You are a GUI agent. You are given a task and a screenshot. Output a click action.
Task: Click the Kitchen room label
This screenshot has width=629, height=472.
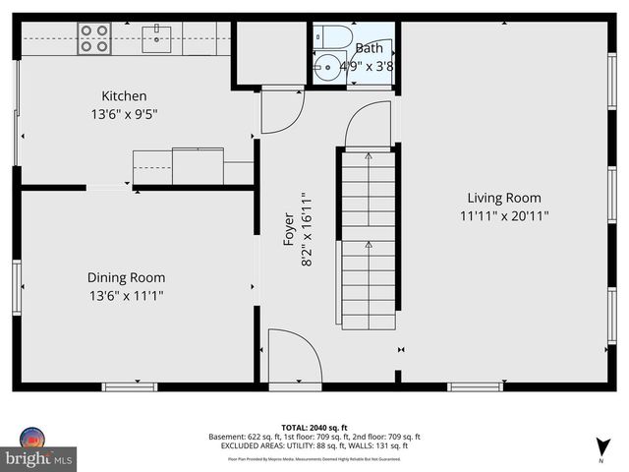coord(124,95)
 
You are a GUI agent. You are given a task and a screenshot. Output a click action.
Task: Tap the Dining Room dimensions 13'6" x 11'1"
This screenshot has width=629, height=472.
coord(126,294)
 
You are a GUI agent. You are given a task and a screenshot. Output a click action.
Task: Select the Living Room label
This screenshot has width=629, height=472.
coord(503,198)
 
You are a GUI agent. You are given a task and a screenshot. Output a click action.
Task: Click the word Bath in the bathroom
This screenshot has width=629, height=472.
coord(370,47)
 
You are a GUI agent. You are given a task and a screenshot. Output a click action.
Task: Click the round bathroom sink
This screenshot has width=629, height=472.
coord(327,70)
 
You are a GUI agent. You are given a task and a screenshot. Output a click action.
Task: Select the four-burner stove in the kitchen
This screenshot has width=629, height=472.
coord(93,38)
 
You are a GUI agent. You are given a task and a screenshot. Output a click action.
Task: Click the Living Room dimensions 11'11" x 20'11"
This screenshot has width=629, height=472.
coord(503,215)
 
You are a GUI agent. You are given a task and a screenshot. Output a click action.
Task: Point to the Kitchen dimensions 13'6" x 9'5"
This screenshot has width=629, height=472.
coord(124,113)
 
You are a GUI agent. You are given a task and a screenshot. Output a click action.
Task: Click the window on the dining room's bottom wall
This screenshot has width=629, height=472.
coord(130,386)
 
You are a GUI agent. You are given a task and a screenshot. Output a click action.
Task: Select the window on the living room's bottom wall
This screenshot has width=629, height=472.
coord(476,386)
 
